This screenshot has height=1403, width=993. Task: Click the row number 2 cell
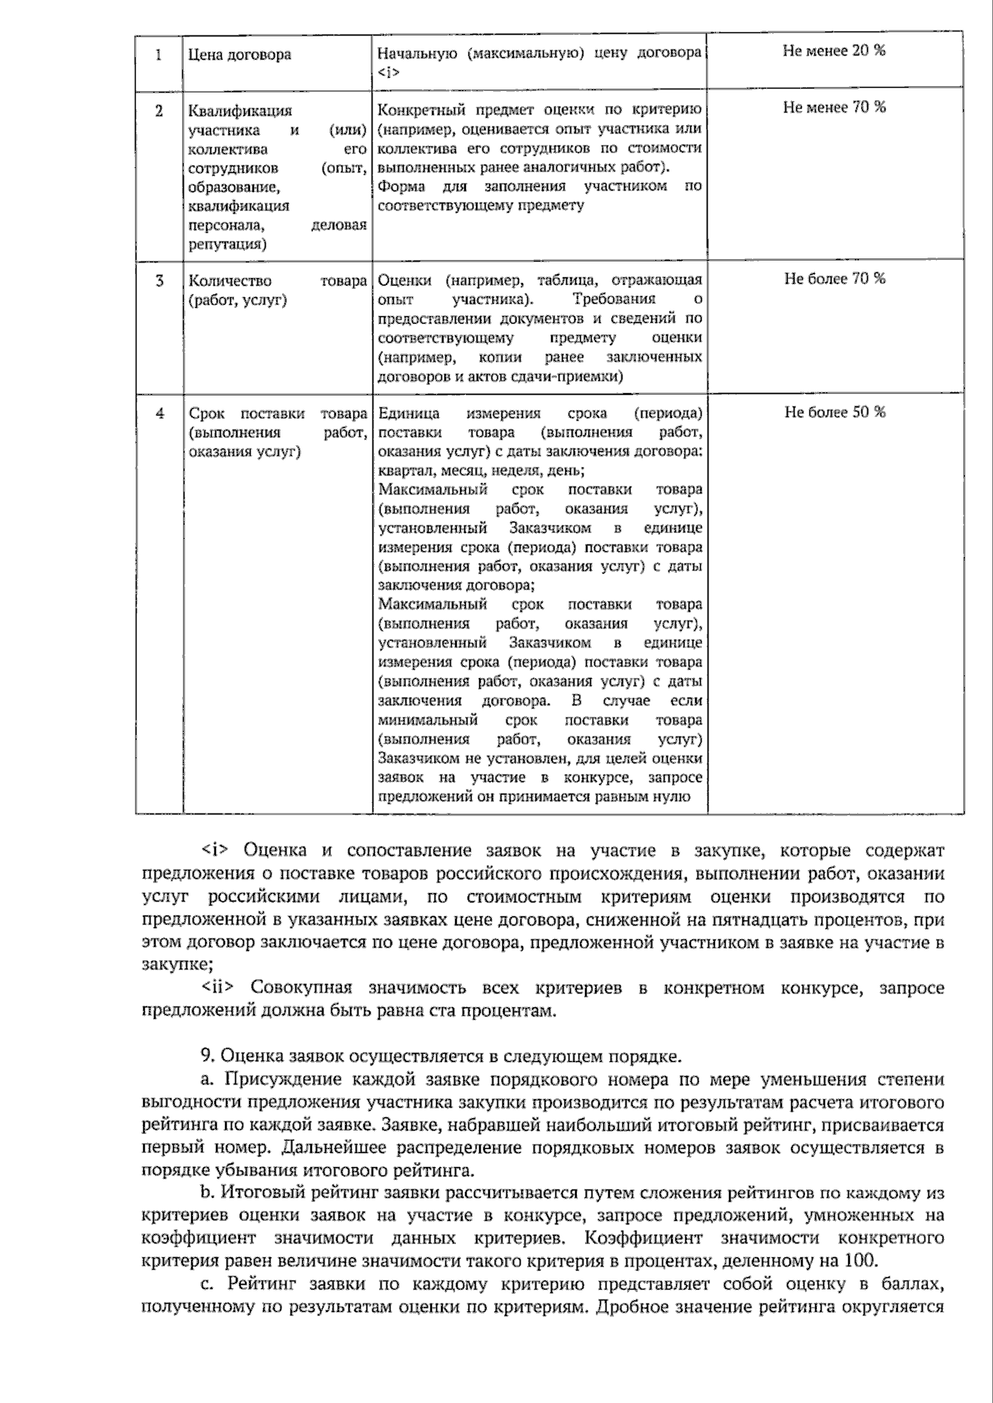click(158, 109)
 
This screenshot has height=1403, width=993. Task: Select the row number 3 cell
click(159, 281)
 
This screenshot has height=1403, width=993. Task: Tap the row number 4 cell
click(159, 413)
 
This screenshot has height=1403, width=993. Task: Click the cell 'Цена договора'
click(240, 55)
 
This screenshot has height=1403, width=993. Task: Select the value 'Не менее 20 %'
click(834, 50)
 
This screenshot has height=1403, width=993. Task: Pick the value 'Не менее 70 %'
click(834, 107)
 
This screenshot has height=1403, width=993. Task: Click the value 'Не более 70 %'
click(834, 278)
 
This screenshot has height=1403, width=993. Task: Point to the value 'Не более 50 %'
click(834, 411)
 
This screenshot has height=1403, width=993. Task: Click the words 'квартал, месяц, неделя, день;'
click(481, 471)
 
